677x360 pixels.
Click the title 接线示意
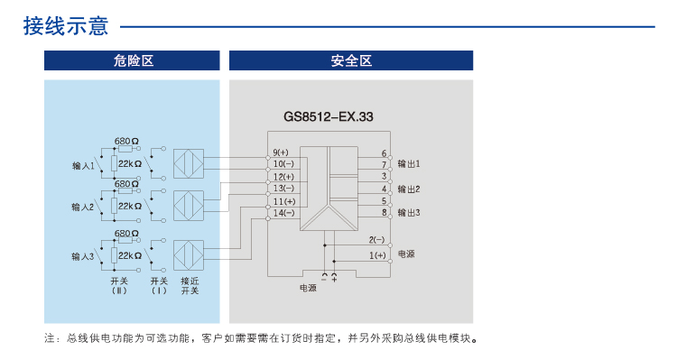(x=66, y=26)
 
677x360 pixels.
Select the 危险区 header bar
(x=133, y=60)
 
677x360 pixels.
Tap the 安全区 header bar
(x=351, y=60)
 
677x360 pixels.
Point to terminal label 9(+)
(x=281, y=152)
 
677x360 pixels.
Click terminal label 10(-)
(x=283, y=164)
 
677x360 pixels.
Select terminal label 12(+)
(x=283, y=177)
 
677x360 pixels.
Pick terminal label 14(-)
(x=283, y=213)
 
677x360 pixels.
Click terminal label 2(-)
(x=377, y=240)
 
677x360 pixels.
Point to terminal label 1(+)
(x=377, y=255)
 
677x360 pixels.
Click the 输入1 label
(x=83, y=166)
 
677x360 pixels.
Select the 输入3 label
(x=83, y=257)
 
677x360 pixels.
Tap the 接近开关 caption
(x=190, y=285)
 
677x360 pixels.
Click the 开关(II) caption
(x=119, y=285)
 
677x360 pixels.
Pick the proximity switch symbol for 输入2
(x=189, y=207)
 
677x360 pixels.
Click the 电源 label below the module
(x=308, y=289)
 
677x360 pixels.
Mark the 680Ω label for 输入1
(x=126, y=142)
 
